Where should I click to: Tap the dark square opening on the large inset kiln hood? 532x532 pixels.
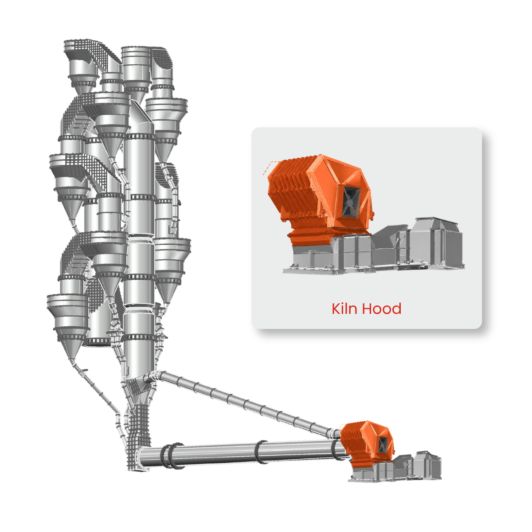pyautogui.click(x=351, y=200)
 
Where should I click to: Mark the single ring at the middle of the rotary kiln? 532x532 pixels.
pyautogui.click(x=261, y=452)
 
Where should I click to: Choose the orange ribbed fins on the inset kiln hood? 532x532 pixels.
pyautogui.click(x=290, y=193)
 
